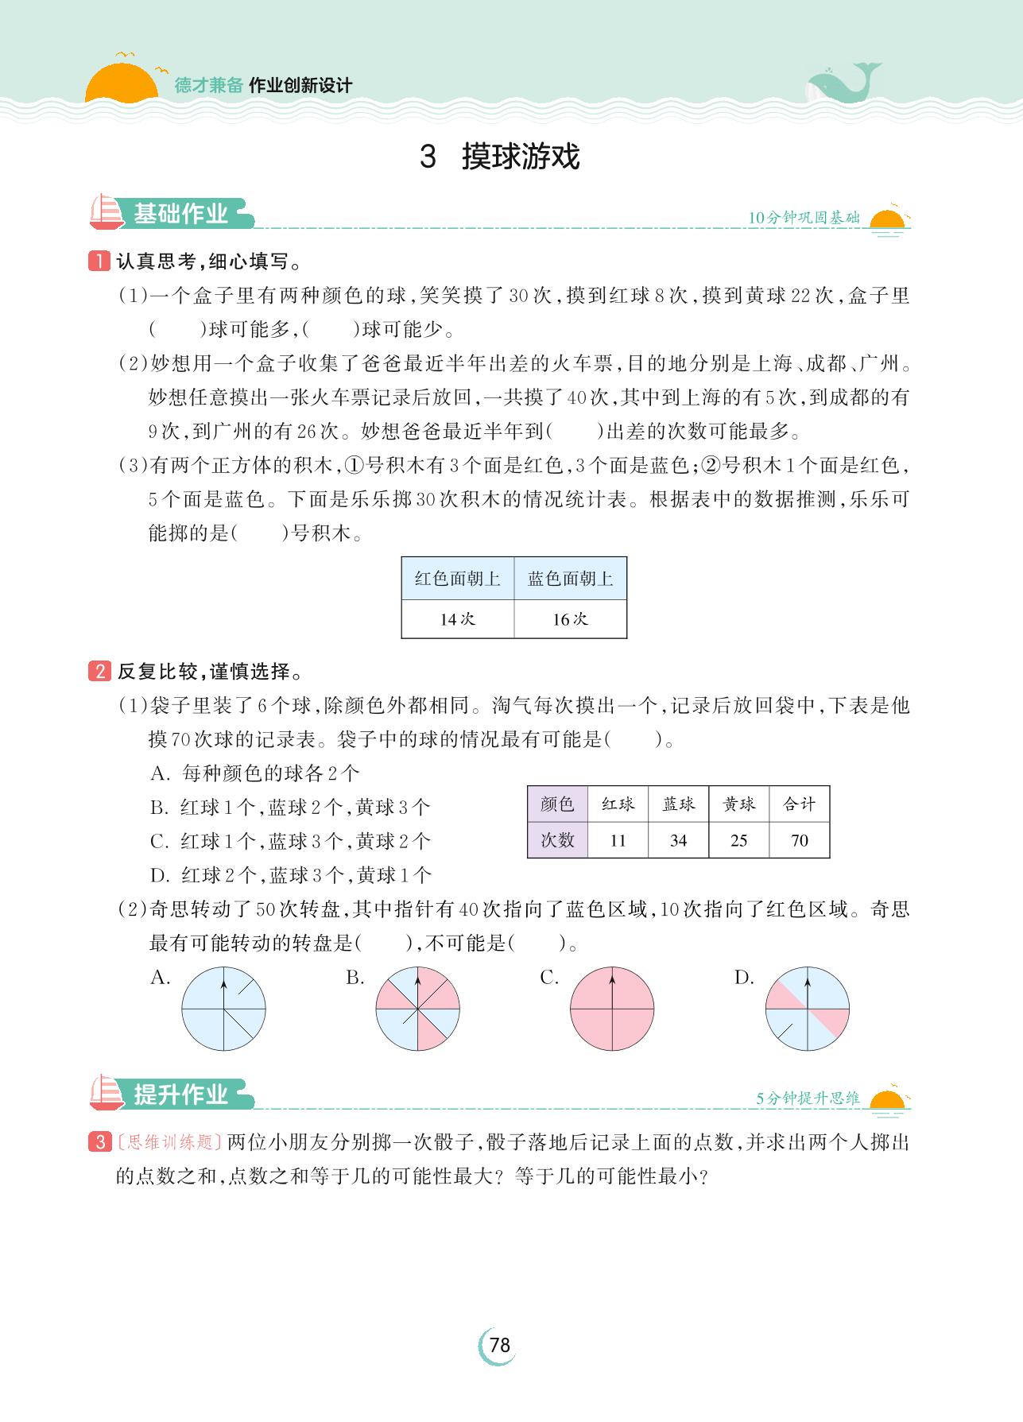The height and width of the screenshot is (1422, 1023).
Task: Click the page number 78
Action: pos(499,1345)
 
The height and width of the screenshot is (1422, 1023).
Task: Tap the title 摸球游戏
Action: pos(520,157)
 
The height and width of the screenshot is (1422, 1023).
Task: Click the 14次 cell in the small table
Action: pos(458,619)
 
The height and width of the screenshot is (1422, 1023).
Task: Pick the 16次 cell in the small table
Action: pos(570,619)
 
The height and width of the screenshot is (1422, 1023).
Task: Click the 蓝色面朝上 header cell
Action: pos(570,579)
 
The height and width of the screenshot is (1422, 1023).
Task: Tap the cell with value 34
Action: pos(678,840)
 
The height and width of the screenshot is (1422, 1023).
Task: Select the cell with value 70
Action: pos(799,840)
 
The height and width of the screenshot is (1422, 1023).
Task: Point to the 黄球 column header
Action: pos(738,804)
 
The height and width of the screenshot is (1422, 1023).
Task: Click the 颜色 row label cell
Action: pos(557,804)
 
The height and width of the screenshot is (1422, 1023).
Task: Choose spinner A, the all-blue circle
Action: pos(223,1009)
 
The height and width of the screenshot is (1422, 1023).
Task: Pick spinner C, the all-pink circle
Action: pos(612,1009)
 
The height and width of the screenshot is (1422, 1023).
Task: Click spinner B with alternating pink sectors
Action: pos(417,1009)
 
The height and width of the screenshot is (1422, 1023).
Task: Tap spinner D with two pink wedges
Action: pos(807,1009)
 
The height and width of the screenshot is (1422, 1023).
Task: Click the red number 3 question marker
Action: pos(99,1142)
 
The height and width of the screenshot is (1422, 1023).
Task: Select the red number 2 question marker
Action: pos(99,672)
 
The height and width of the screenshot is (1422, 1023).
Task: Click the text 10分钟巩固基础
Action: pos(804,218)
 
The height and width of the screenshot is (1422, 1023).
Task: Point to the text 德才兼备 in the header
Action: pos(208,86)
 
